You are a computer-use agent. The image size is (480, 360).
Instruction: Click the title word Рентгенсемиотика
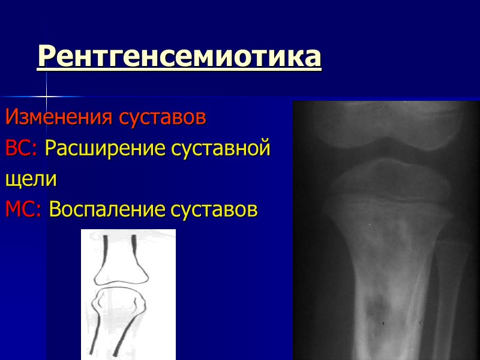tap(179, 57)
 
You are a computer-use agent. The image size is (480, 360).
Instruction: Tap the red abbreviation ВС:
tap(22, 148)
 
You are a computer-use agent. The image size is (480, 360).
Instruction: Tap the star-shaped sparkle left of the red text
tap(46, 97)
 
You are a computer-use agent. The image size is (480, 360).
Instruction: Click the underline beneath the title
tap(179, 71)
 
